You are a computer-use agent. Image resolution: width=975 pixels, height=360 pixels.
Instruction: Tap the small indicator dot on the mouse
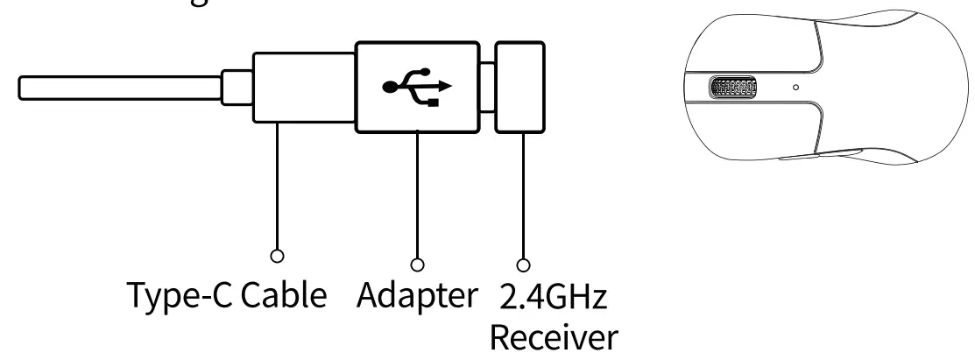tap(795, 88)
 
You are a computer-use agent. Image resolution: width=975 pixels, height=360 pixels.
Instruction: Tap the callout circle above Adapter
tap(418, 262)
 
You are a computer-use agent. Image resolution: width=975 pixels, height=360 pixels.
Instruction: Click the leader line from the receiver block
tap(525, 193)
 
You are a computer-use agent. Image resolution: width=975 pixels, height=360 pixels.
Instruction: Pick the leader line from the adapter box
tap(418, 193)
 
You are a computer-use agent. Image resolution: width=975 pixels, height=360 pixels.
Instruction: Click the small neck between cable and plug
tap(237, 88)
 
